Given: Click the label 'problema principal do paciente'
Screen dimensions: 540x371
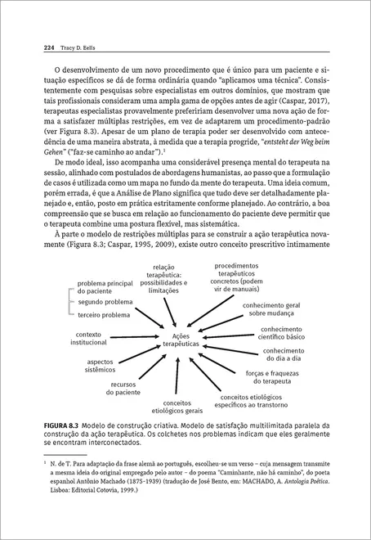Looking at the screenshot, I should (x=105, y=287).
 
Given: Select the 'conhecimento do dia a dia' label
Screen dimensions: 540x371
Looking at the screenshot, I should (x=283, y=354).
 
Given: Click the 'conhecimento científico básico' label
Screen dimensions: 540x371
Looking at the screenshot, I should (x=282, y=332).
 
